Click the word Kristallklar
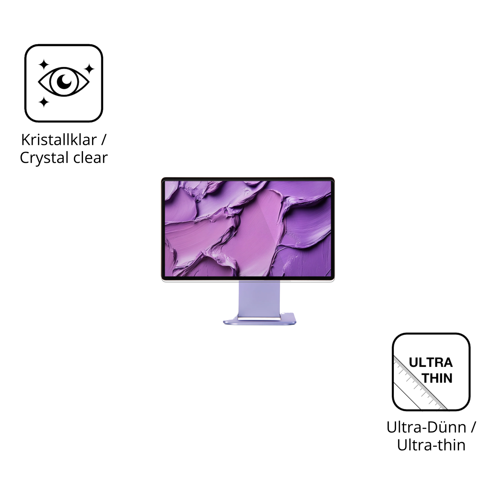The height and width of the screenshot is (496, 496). click(59, 140)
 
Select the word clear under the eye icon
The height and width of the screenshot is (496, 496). click(90, 157)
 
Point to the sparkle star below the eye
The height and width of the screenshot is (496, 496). click(44, 102)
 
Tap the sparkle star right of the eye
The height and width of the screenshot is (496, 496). click(89, 69)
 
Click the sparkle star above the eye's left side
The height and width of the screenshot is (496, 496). click(44, 64)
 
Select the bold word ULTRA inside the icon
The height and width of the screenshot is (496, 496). click(430, 362)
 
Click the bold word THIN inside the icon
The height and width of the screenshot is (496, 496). click(437, 378)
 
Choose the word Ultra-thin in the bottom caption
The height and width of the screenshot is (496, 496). click(431, 445)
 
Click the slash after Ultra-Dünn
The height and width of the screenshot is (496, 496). click(473, 427)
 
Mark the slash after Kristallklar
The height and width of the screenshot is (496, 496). click(103, 140)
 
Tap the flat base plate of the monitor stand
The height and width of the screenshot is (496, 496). click(259, 322)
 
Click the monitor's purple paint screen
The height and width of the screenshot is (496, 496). click(248, 228)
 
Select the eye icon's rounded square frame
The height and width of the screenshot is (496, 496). click(25, 83)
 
